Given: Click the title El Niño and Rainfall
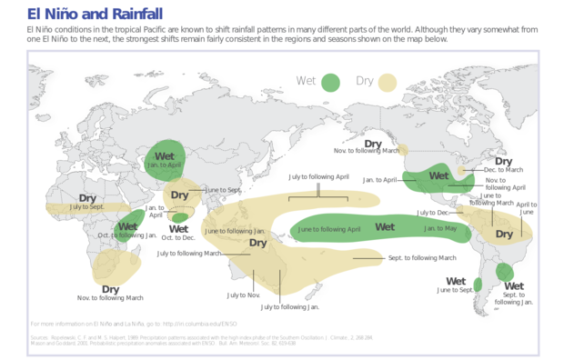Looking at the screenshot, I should coord(96,14).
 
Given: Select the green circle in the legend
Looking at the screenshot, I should coord(331,82).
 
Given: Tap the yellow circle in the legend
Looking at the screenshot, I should coord(388,82).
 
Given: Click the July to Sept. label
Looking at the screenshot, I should coord(87,207).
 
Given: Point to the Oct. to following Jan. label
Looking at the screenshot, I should coord(127,235).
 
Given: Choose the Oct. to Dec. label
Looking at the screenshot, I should coord(178,238).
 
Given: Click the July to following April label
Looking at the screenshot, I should coord(318,177).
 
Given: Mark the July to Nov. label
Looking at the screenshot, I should coord(244,295).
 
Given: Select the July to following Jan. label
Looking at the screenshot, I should coord(299,307).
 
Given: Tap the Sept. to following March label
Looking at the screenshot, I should coord(422,258).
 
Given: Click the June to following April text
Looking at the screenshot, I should coord(329,229).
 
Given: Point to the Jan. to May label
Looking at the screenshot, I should coord(440,228).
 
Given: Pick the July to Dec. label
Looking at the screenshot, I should coord(433,213).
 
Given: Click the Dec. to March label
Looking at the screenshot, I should coord(503,170).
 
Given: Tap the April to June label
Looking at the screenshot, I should coord(527,208).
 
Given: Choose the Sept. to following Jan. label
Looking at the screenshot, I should coord(514,298).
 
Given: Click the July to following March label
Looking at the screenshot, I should coord(190,254).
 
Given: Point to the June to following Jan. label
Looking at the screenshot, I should coord(235,232).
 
